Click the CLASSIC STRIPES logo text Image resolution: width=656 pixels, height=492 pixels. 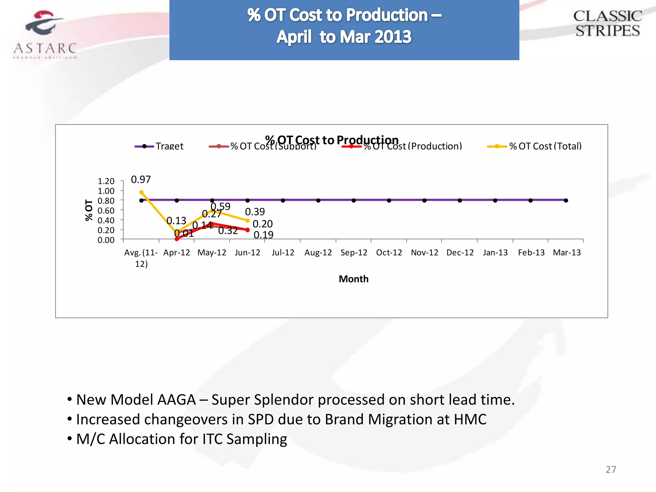click(607, 24)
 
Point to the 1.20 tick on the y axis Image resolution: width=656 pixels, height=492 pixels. click(106, 181)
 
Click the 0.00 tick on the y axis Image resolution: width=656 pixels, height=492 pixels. click(106, 240)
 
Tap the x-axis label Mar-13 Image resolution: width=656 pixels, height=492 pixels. click(567, 253)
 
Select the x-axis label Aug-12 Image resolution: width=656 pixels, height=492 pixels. click(318, 253)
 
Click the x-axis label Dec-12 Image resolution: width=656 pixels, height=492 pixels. click(460, 253)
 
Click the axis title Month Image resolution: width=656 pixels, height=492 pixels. click(354, 279)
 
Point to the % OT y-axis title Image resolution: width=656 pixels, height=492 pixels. click(89, 210)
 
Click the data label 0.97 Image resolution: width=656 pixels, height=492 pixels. click(141, 179)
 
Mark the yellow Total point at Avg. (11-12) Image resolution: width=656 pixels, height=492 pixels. click(141, 192)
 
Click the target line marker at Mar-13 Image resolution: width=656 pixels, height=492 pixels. click(566, 201)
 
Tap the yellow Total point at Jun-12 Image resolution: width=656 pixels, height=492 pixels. click(247, 220)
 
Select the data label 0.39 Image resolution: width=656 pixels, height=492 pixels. click(255, 212)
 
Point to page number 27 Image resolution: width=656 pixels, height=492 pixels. click(611, 470)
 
